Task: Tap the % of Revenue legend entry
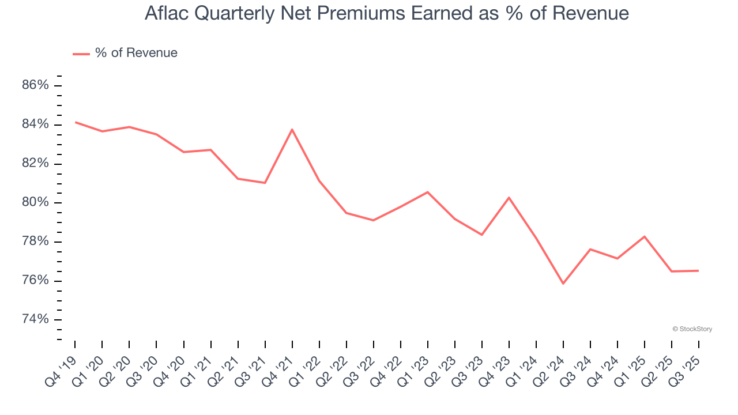click(x=126, y=53)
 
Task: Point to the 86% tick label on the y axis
click(x=35, y=85)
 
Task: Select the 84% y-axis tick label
click(x=35, y=124)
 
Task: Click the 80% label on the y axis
click(x=35, y=202)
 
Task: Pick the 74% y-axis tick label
click(x=35, y=319)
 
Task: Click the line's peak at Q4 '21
click(x=292, y=129)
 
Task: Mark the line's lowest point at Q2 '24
click(x=563, y=284)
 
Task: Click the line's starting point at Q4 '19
click(x=76, y=122)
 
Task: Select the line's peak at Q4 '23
click(x=509, y=198)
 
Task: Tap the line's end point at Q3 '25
click(x=698, y=271)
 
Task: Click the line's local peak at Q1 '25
click(x=644, y=236)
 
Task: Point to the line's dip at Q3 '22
click(x=373, y=220)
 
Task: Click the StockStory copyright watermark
click(x=692, y=329)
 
